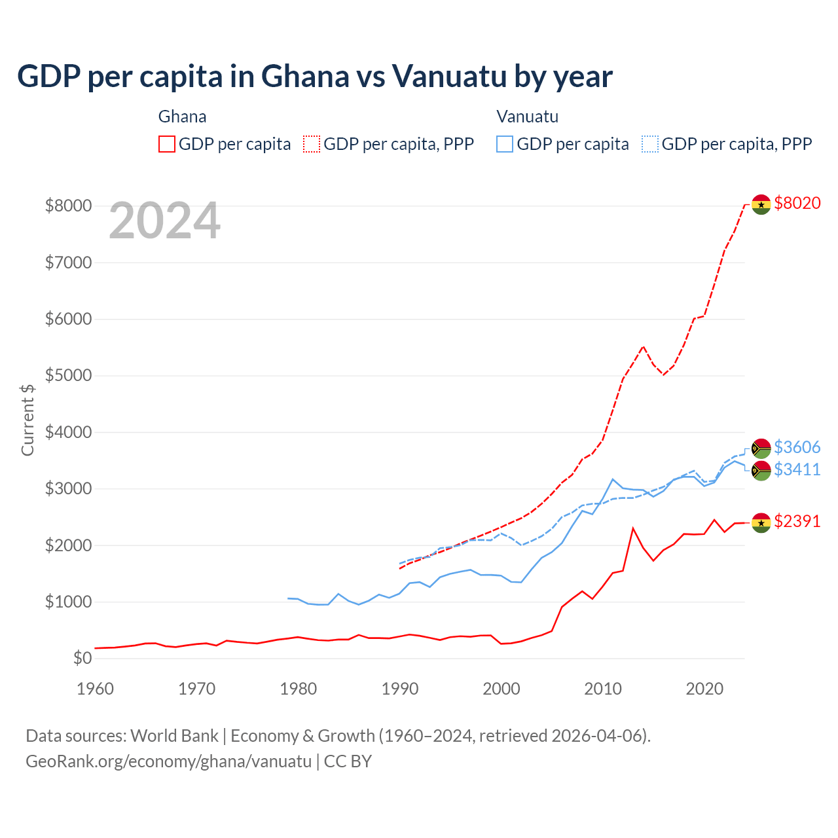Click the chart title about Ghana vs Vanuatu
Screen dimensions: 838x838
(x=314, y=76)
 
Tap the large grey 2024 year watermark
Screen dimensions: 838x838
(x=164, y=221)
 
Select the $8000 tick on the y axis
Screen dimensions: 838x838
(x=68, y=206)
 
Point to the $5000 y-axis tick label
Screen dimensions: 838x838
(x=68, y=375)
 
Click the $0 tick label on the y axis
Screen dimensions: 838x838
(x=82, y=658)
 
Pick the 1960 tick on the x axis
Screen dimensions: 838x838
(x=96, y=689)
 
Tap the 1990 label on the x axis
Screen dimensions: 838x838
(x=400, y=689)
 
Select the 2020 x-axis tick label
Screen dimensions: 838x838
(x=704, y=689)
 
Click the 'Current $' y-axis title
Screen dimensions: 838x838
(x=27, y=420)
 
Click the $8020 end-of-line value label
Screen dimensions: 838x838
(x=797, y=203)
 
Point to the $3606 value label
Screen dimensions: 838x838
(x=797, y=447)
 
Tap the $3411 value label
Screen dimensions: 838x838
(x=797, y=469)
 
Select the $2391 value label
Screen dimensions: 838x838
(x=797, y=521)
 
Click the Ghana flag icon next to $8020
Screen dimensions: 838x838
(x=761, y=204)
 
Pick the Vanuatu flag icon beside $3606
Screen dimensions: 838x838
(x=761, y=448)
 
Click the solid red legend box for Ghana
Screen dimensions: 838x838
(x=167, y=144)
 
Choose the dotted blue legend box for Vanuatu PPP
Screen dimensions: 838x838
(x=650, y=144)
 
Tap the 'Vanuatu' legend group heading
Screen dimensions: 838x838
(x=527, y=117)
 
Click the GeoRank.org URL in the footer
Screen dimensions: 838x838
(x=168, y=761)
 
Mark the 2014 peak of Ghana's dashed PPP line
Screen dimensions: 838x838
(x=643, y=346)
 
